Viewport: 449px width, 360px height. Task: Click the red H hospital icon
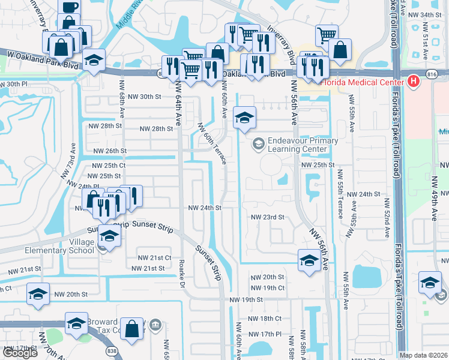[413, 81]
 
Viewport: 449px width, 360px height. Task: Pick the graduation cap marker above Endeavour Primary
[244, 118]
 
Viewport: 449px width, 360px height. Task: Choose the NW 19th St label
[247, 299]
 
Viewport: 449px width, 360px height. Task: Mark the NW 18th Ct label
[267, 318]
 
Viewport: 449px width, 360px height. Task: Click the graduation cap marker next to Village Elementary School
[109, 236]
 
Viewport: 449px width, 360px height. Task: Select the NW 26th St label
[109, 151]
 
